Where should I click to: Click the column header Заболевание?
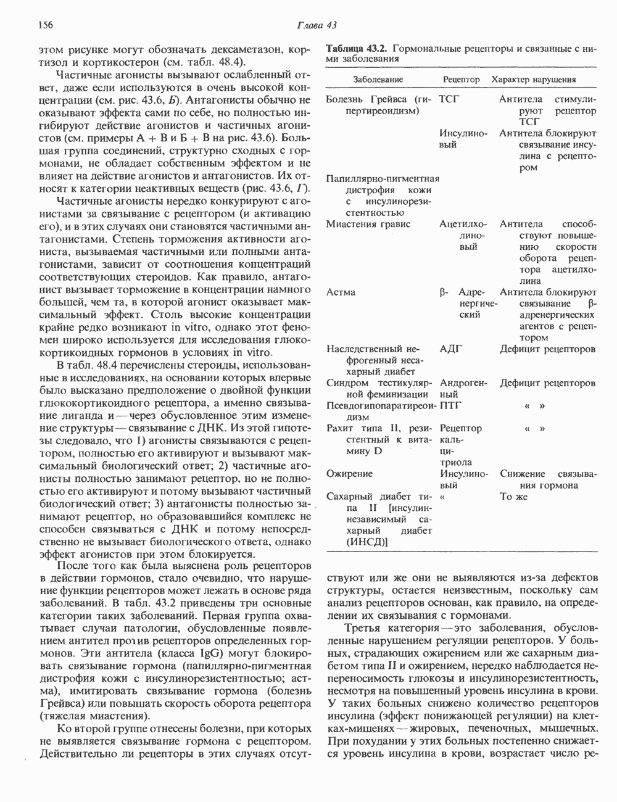[378, 80]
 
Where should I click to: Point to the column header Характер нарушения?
[533, 80]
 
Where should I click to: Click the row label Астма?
[341, 292]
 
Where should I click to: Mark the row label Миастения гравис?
[368, 224]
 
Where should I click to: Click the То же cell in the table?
[515, 497]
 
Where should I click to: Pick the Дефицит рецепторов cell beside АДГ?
[547, 349]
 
